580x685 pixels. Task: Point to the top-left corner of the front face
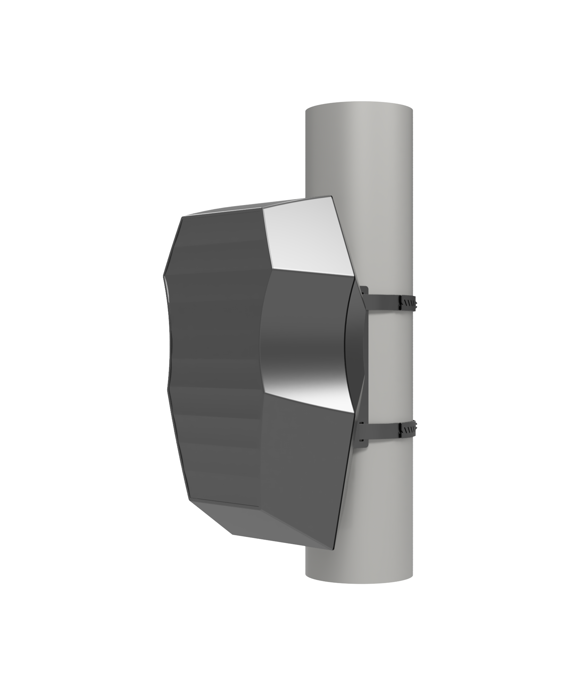pos(181,217)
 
